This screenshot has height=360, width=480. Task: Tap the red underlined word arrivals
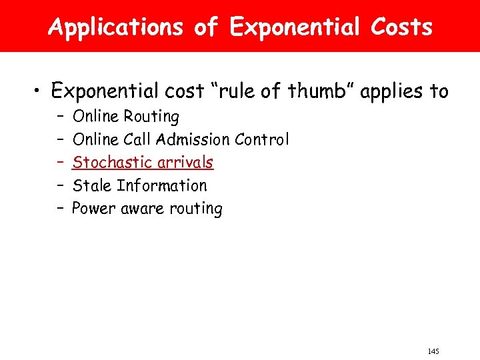(179, 162)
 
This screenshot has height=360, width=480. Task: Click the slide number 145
(433, 351)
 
